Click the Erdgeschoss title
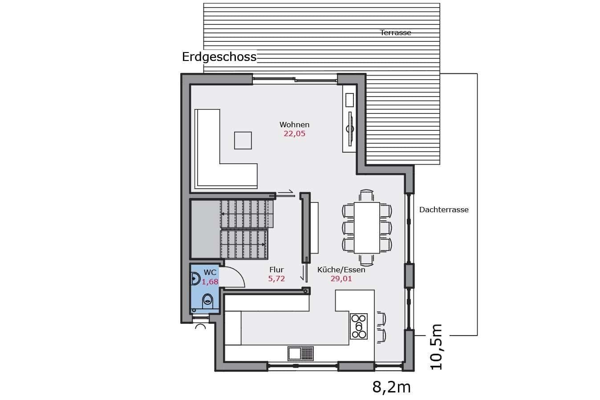pos(219,57)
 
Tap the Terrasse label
pos(395,32)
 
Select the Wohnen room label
pos(294,125)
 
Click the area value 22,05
pos(294,133)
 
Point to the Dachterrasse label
pos(444,210)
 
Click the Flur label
pos(276,270)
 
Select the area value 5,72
pos(276,279)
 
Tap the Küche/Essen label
pos(341,270)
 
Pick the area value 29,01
pos(341,279)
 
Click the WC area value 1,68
pos(210,282)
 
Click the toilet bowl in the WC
pos(207,302)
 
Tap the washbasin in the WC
pos(195,279)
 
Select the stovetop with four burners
pos(359,327)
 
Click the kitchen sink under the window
pos(300,353)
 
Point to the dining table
pos(367,228)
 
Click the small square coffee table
pos(243,141)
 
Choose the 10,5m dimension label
pos(436,347)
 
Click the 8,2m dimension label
pos(391,387)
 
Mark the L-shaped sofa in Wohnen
pos(209,171)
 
